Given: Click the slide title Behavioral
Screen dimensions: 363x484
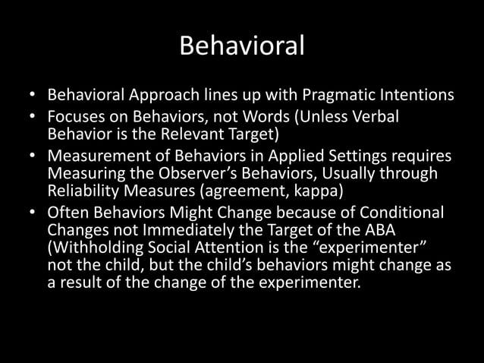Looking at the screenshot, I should pyautogui.click(x=242, y=46).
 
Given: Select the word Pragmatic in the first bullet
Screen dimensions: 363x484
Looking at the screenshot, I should pyautogui.click(x=338, y=97).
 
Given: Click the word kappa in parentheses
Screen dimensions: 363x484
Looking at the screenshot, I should pyautogui.click(x=317, y=191).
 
